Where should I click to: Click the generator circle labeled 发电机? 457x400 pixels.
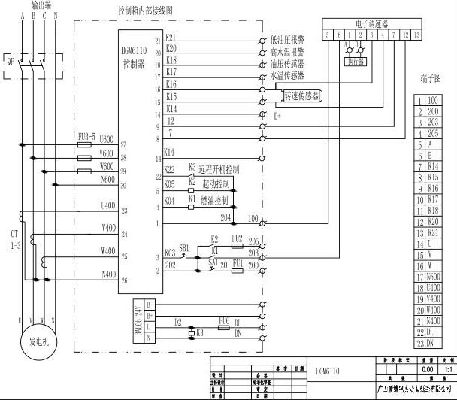click(x=37, y=339)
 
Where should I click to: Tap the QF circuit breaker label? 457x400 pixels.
click(x=10, y=62)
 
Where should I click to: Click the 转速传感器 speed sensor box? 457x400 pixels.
click(x=302, y=95)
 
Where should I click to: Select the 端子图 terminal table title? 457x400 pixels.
click(x=432, y=77)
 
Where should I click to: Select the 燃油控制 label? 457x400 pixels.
click(x=215, y=201)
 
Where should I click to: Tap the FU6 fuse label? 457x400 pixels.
click(x=223, y=320)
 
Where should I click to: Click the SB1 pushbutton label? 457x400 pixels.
click(x=183, y=247)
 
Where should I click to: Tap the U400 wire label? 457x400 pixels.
click(x=107, y=205)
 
